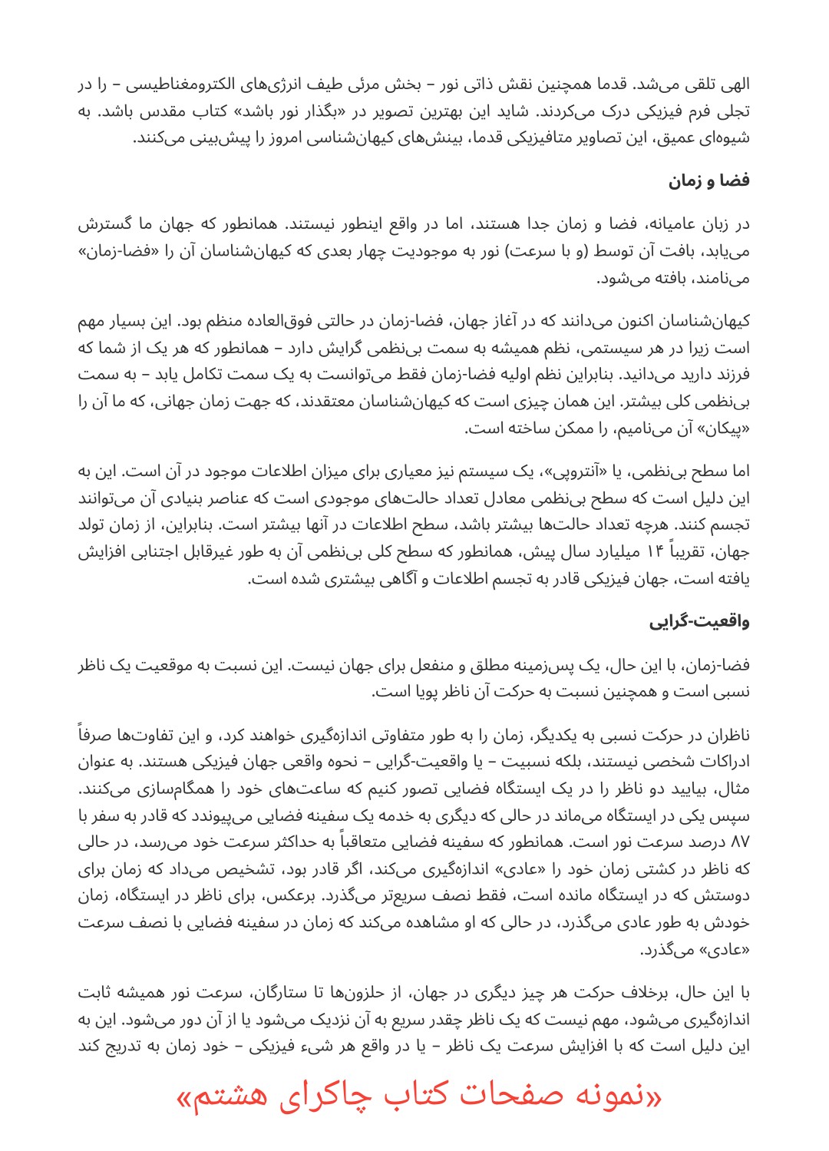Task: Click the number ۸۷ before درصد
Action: click(739, 842)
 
